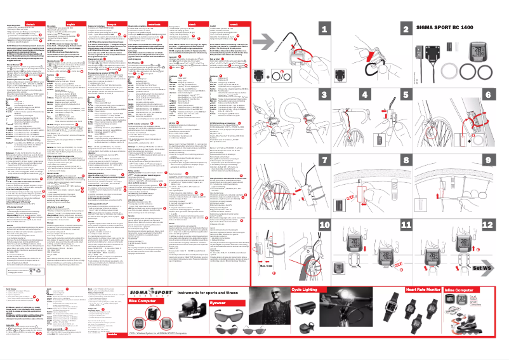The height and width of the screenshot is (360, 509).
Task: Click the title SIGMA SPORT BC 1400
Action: click(x=453, y=29)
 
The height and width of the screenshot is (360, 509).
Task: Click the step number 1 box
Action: click(x=325, y=29)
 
